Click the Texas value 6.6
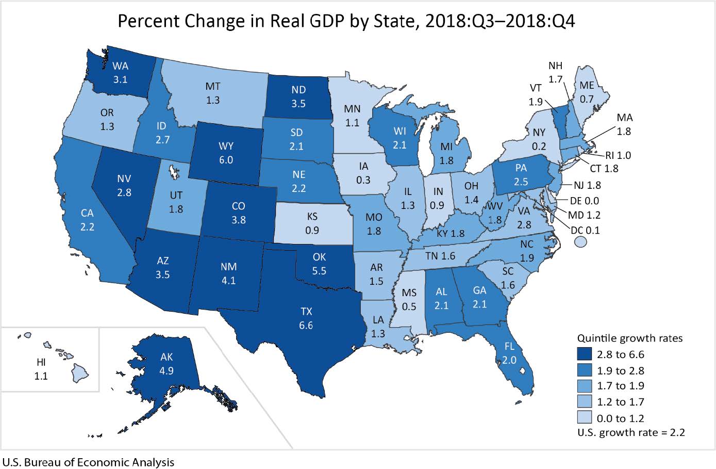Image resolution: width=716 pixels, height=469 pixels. coord(306,325)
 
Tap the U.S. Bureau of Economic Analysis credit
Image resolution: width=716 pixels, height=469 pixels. coord(88,462)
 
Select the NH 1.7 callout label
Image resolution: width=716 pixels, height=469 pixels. coord(556,73)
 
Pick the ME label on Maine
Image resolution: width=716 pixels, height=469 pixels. coord(587,86)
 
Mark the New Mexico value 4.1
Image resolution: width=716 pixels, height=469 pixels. coord(229,281)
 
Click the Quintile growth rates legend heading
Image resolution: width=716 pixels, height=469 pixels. coord(629,338)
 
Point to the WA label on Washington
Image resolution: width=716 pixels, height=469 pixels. coord(120,66)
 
